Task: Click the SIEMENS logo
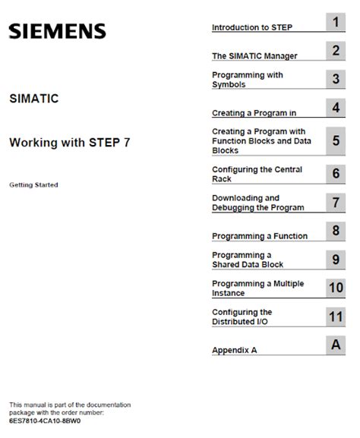coord(57,32)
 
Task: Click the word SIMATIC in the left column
coord(33,99)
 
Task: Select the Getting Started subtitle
coord(33,184)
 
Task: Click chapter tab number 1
coord(335,22)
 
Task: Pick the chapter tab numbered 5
coord(335,140)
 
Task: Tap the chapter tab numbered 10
coord(335,287)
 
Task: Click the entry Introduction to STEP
coord(252,27)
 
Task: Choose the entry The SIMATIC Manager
coord(254,55)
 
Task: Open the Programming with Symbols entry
coord(248,80)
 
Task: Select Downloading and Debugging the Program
coord(258,202)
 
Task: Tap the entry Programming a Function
coord(260,236)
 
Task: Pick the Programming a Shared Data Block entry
coord(248,260)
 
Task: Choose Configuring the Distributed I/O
coord(242,317)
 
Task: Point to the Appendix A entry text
coord(236,351)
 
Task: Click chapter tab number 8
coord(335,230)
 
